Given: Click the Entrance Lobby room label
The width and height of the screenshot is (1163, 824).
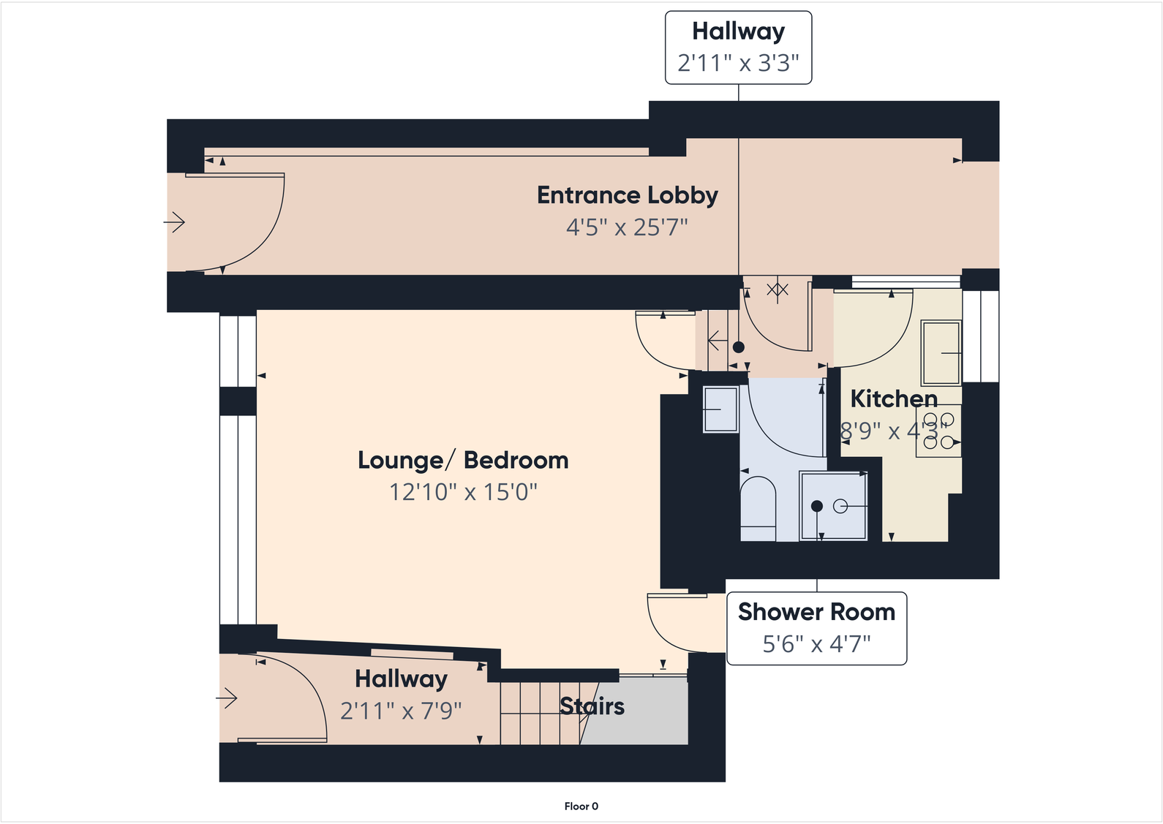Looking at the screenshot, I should click(x=627, y=195).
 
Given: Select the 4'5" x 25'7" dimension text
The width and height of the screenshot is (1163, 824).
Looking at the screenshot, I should click(x=627, y=227).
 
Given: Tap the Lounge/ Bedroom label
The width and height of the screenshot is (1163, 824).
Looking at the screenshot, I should click(x=463, y=460).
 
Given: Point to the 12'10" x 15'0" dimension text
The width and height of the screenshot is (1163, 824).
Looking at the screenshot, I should click(x=463, y=492).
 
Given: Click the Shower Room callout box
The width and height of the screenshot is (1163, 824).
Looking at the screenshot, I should click(x=816, y=628).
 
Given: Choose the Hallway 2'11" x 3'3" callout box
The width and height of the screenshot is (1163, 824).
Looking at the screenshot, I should click(x=738, y=48).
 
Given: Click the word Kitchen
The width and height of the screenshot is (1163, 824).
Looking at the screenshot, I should click(x=893, y=399).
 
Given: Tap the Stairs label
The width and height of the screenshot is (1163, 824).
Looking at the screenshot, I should click(x=592, y=706).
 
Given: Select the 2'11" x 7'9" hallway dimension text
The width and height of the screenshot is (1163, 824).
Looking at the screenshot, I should click(x=401, y=711).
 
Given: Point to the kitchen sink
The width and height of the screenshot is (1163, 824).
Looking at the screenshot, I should click(x=941, y=352).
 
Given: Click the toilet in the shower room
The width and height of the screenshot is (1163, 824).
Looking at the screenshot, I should click(x=758, y=508).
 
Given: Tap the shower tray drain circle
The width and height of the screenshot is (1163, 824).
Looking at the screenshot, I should click(x=840, y=506).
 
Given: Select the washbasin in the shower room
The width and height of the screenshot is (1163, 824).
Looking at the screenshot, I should click(x=720, y=409).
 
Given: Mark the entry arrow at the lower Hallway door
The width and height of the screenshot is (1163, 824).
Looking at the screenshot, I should click(x=227, y=698).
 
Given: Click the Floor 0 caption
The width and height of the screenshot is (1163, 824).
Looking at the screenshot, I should click(x=581, y=806).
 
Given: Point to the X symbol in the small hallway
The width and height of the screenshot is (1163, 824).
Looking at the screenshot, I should click(x=777, y=290).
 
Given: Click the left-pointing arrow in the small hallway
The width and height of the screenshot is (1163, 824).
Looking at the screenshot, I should click(x=717, y=341).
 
